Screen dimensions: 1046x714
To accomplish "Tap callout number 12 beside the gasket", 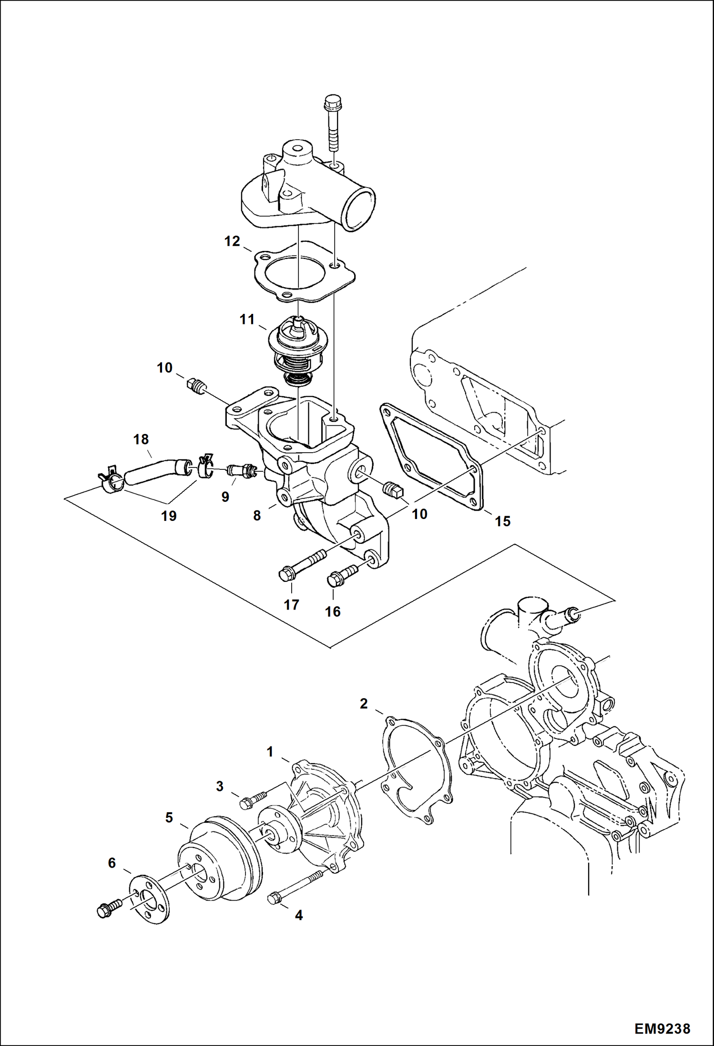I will (x=232, y=241).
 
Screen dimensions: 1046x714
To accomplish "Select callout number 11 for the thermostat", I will (x=247, y=319).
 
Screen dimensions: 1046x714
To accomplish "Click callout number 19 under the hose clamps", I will (x=169, y=516).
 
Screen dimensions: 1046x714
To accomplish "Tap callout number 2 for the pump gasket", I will (x=364, y=704).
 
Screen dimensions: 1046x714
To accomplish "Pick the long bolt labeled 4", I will (x=296, y=888).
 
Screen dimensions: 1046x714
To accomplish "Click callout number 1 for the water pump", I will (x=270, y=752).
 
